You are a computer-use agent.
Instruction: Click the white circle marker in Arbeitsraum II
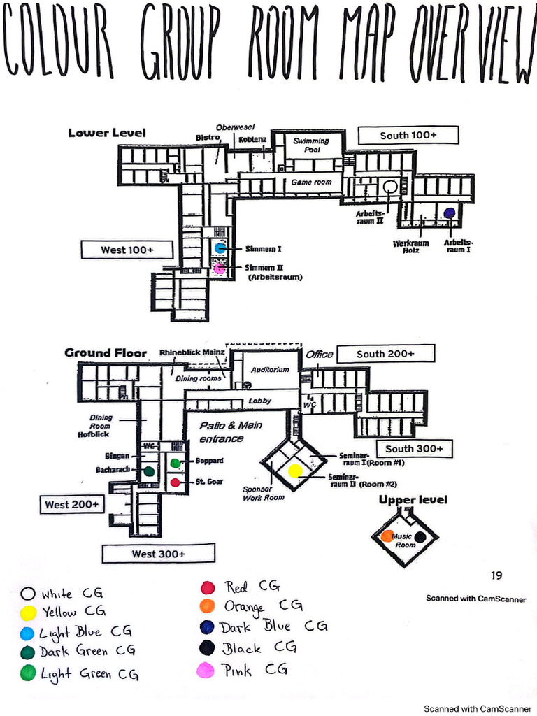coord(390,187)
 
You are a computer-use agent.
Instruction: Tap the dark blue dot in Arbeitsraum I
coord(449,213)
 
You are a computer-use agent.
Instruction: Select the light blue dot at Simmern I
coord(220,248)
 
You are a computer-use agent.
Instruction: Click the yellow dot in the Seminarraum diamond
coord(295,471)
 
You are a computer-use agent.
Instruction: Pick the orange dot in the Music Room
coord(387,536)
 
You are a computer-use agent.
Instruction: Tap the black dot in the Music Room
coord(420,537)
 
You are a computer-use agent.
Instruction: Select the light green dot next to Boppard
coord(176,463)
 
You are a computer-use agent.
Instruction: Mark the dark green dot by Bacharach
coord(148,472)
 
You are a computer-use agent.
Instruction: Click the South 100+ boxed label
coord(408,135)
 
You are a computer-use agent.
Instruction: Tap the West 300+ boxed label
coord(158,554)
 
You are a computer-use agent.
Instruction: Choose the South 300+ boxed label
coord(414,448)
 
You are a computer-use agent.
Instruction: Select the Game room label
coord(311,182)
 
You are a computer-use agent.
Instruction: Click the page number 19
coord(496,575)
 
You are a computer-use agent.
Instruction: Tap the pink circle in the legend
coord(206,671)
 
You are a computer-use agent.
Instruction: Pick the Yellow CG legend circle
coord(28,613)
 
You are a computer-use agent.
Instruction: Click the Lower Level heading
coord(107,133)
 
